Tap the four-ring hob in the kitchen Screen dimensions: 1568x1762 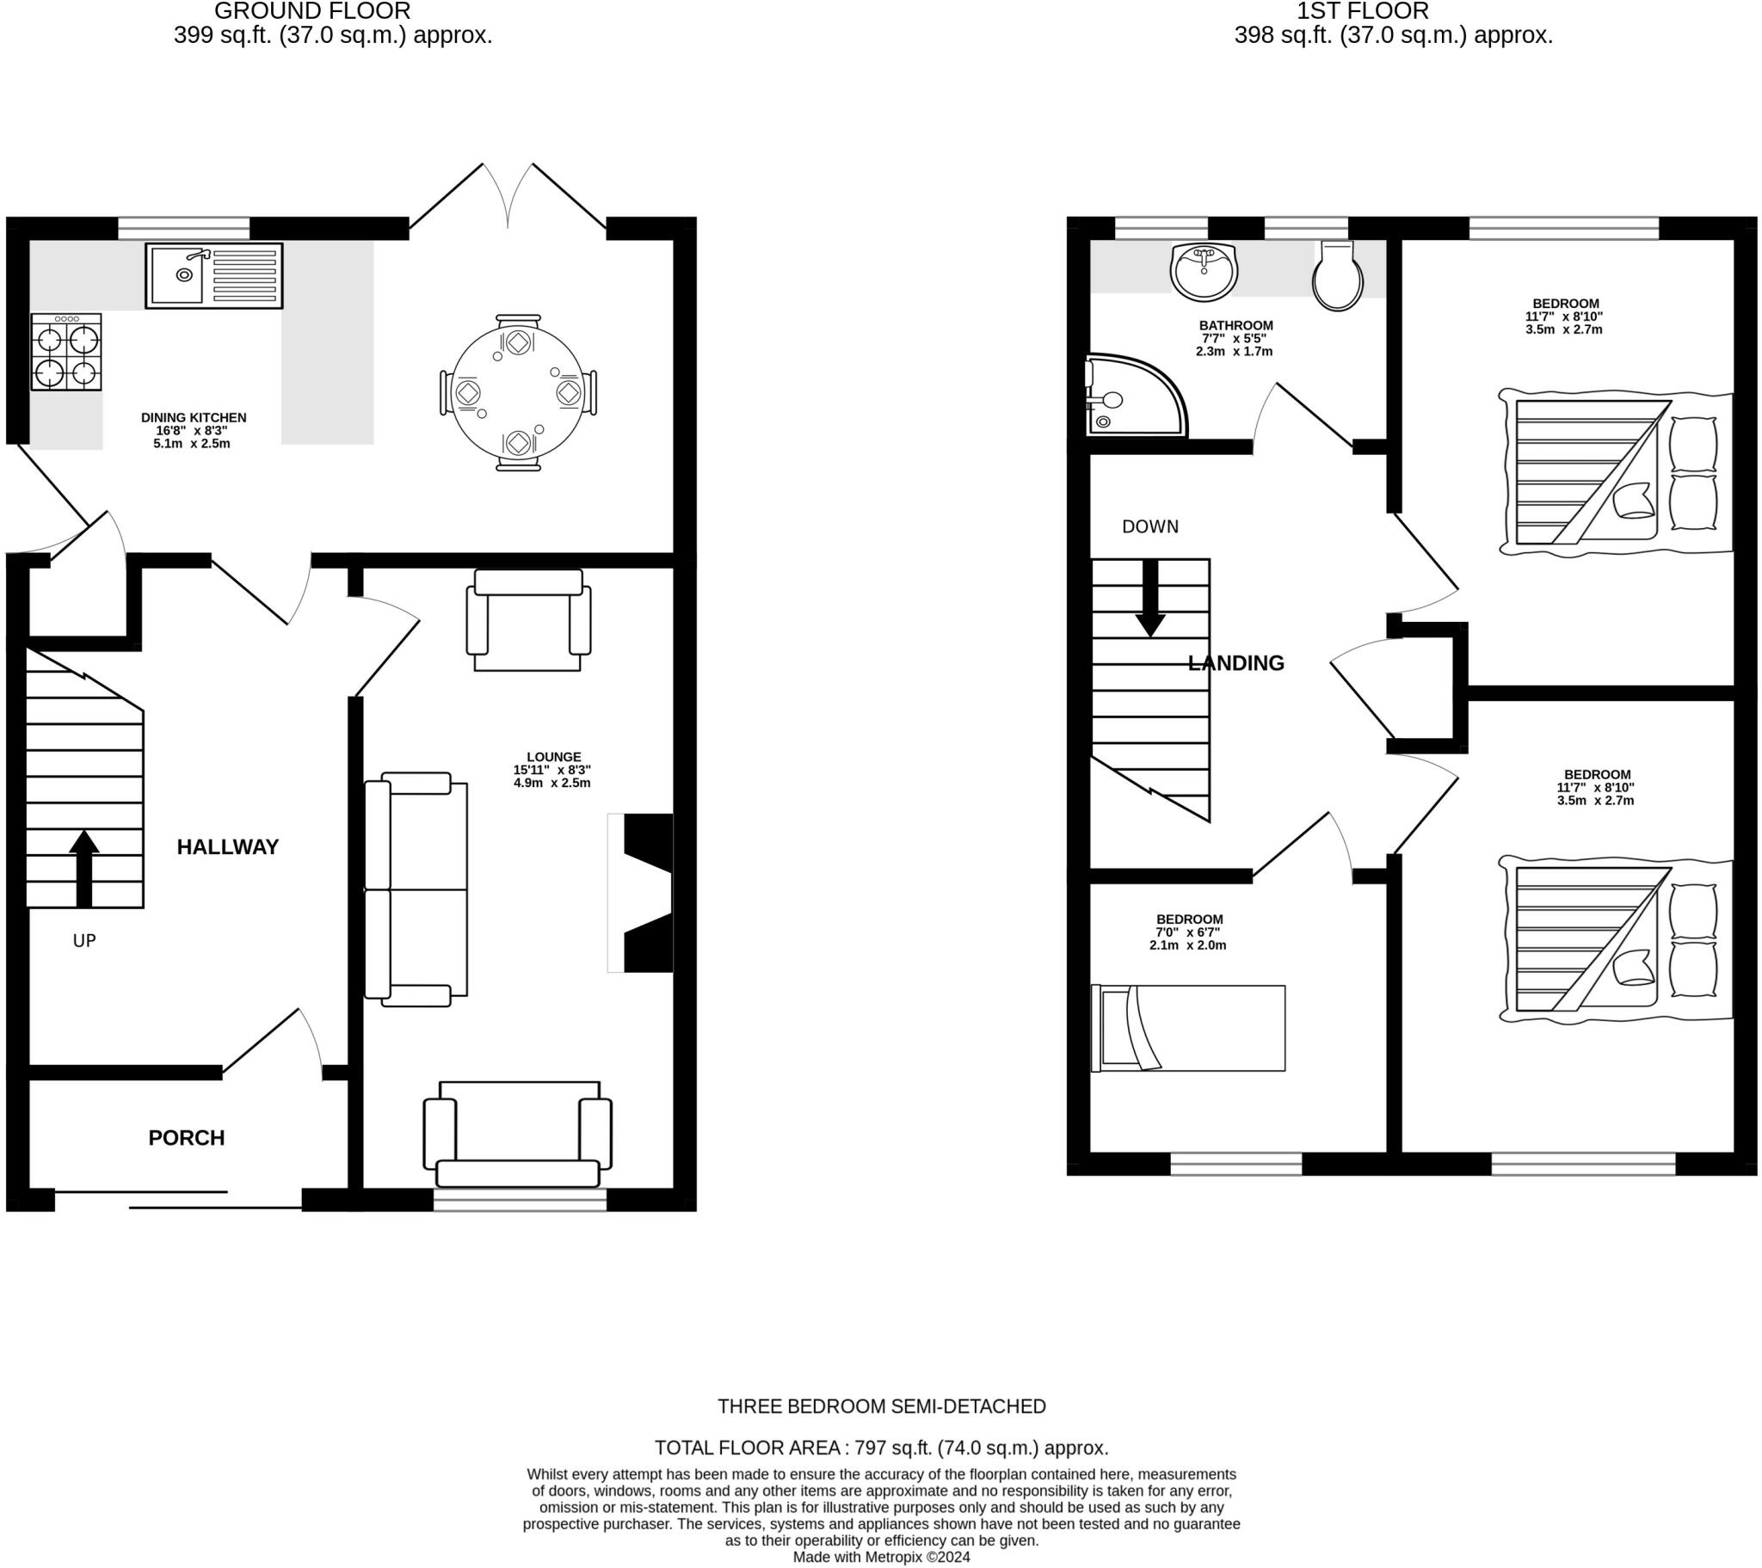[x=66, y=353]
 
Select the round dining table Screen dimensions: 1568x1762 [x=517, y=392]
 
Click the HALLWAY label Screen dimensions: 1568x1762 [x=228, y=847]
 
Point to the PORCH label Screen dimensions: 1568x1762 [x=186, y=1138]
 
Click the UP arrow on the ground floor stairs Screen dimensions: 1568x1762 [x=83, y=868]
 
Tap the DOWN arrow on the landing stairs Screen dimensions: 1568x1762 [x=1150, y=599]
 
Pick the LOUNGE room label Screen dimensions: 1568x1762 [x=553, y=757]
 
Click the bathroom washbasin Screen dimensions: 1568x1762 [x=1204, y=271]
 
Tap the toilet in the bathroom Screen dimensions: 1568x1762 [x=1337, y=276]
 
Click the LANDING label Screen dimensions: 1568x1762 [x=1235, y=663]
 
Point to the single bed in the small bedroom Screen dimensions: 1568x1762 [x=1188, y=1029]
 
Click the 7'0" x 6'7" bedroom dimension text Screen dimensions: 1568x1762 [x=1189, y=932]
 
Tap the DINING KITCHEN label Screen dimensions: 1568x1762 [x=194, y=417]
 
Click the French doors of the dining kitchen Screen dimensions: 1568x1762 [x=508, y=197]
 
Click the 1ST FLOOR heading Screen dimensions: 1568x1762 [x=1362, y=11]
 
